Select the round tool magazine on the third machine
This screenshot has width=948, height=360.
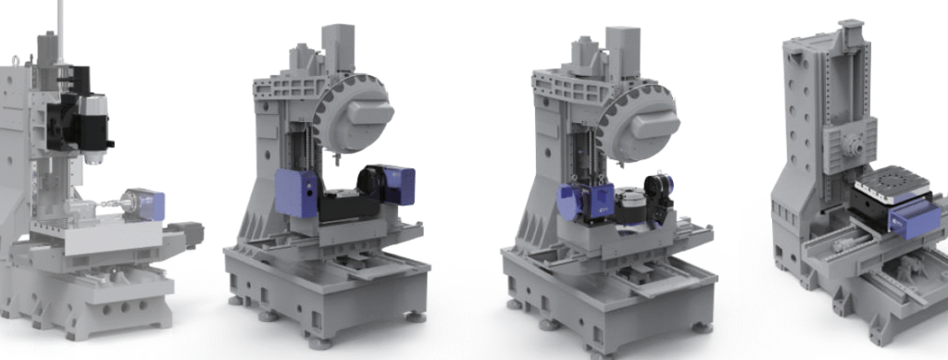(640, 118)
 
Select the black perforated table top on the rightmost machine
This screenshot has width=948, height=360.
(893, 188)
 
